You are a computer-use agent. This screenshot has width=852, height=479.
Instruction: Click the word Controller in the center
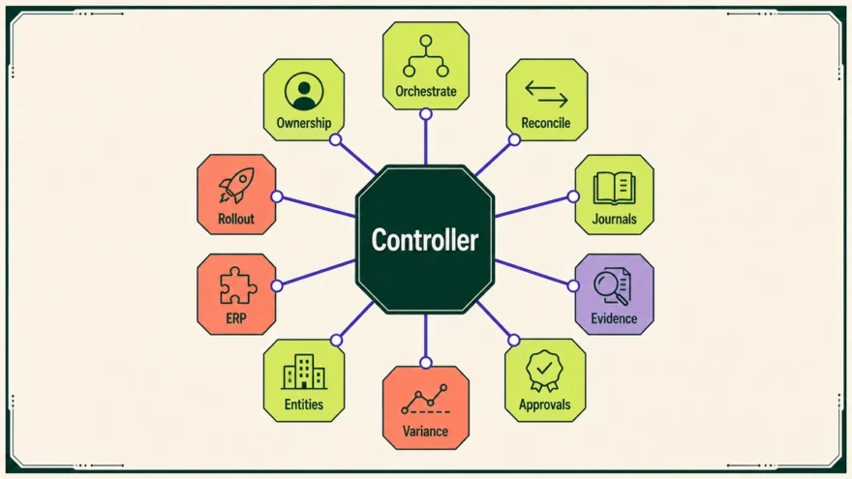coord(425,240)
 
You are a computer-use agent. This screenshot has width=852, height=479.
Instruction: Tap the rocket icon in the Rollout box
coord(236,185)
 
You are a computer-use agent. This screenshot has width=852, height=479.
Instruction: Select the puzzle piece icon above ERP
coord(238,285)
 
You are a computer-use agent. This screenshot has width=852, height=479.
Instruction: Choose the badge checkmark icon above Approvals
coord(544,371)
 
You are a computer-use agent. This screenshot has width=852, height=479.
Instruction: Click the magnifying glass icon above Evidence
coord(612,286)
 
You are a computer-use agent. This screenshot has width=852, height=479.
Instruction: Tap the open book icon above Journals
coord(614,188)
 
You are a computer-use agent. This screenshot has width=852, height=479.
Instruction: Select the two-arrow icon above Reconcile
coord(546,94)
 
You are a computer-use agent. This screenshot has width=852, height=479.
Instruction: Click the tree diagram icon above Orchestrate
coord(426,56)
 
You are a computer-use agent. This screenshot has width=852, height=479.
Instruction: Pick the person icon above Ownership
coord(304,91)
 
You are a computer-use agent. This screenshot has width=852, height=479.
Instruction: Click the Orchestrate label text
coord(425,91)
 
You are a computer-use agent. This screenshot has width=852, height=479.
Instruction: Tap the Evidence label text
coord(614,318)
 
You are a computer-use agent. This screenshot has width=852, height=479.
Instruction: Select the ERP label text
coord(236,318)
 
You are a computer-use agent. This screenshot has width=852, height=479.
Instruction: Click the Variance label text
coord(425,432)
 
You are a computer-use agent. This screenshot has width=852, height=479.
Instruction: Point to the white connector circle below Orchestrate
coord(426,114)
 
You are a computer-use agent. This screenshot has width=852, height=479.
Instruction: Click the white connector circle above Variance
coord(426,362)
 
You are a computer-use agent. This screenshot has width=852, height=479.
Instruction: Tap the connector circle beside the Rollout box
coord(277,196)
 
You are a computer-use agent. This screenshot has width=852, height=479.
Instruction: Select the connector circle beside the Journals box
coord(573,196)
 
